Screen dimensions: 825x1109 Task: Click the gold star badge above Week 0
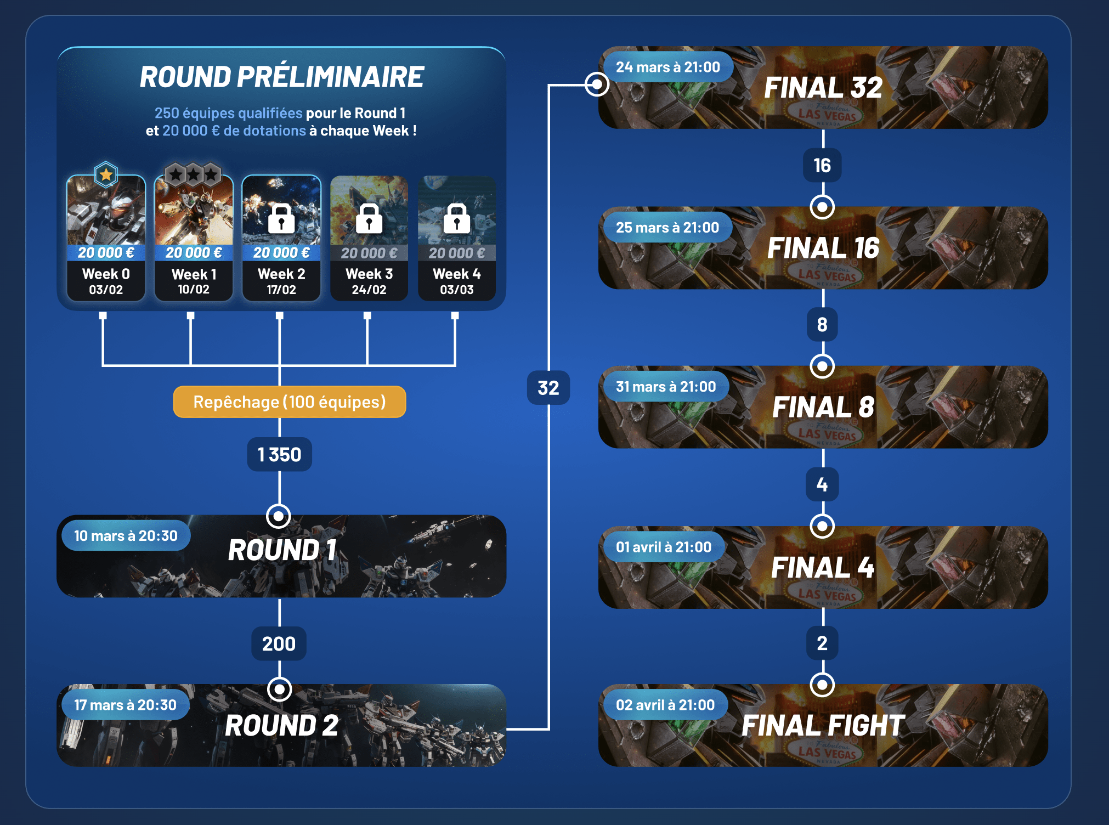[x=106, y=175]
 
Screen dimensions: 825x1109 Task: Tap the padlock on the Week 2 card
[x=281, y=219]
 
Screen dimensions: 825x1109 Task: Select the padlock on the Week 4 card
[x=457, y=219]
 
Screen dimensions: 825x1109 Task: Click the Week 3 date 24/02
[x=369, y=290]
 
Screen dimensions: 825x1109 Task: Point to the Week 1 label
[x=194, y=274]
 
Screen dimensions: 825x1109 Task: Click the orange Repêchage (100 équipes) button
[x=290, y=402]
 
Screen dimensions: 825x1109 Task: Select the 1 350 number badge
[x=279, y=455]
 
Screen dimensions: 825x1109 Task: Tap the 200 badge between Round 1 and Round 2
[x=279, y=643]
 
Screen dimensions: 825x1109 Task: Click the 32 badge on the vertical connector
[x=548, y=388]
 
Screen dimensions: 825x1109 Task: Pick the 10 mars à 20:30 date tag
[x=126, y=536]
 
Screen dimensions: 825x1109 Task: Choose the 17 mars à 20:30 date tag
[x=125, y=705]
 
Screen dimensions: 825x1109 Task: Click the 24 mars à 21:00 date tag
[x=667, y=67]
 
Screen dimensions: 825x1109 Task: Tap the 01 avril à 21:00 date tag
[x=663, y=547]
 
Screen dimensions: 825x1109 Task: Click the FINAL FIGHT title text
[x=823, y=726]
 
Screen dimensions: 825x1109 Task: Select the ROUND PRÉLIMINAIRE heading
[x=281, y=77]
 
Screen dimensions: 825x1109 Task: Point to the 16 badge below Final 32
[x=822, y=165]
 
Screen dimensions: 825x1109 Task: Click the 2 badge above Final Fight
[x=822, y=643]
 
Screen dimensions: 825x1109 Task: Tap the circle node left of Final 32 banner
[x=597, y=84]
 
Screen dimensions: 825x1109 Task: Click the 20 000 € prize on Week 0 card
[x=106, y=253]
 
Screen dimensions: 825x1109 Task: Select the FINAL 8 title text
[x=823, y=407]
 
